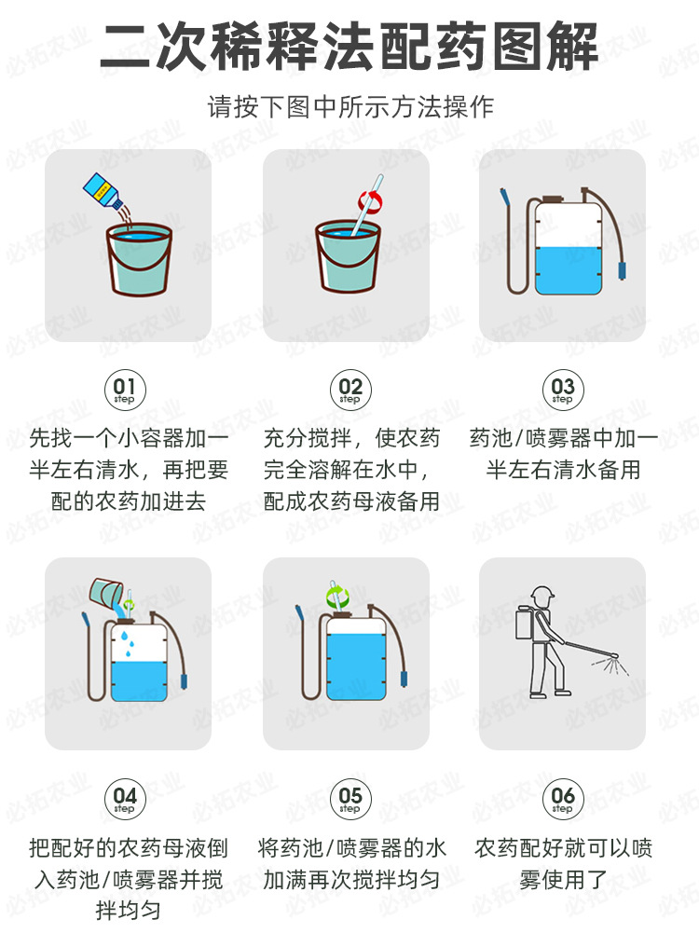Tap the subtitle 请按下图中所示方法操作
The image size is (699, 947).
[x=349, y=106]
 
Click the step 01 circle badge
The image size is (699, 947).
[x=124, y=389]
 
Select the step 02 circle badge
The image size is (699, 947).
[x=349, y=389]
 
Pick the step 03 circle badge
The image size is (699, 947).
[x=563, y=389]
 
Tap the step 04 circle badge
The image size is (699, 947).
[x=124, y=799]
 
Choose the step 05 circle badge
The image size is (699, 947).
[x=349, y=799]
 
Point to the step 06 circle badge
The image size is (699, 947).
[x=563, y=799]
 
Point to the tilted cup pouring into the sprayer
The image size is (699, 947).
[x=104, y=591]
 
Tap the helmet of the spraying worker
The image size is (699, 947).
[x=541, y=593]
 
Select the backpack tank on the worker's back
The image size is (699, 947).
[x=525, y=624]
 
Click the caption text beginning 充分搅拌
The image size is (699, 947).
[x=350, y=469]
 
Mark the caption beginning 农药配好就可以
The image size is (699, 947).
[x=563, y=863]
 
